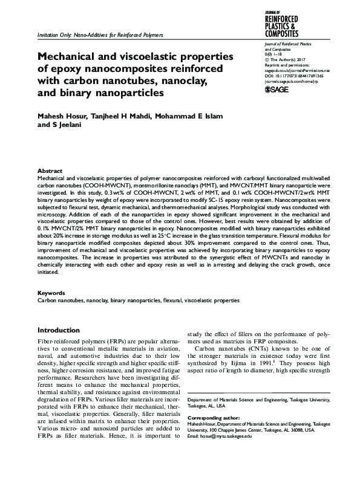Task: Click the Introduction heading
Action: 58,331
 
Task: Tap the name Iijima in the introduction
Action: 245,365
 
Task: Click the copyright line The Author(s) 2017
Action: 289,60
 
